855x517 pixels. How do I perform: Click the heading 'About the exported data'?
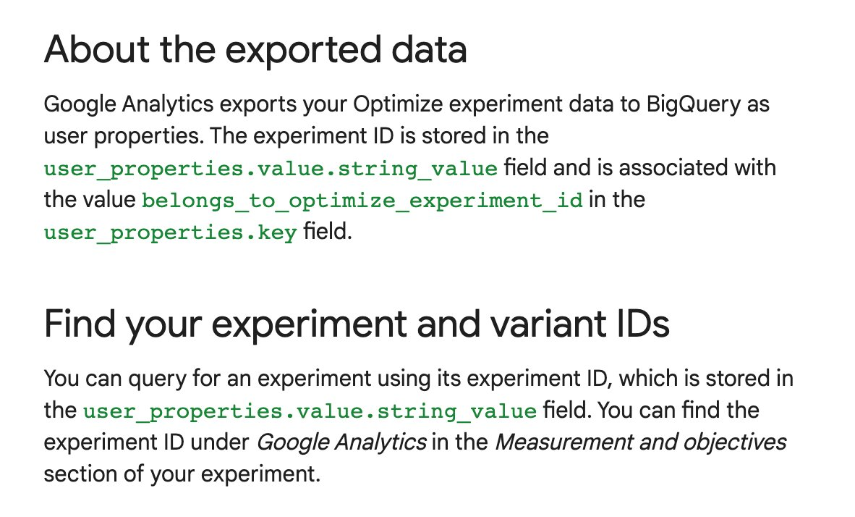pos(255,49)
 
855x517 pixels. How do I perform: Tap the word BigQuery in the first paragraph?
pos(693,105)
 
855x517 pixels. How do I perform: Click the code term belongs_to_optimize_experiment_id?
pos(362,201)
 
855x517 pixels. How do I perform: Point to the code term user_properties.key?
pos(171,232)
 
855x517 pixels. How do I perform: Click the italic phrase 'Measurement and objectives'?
pos(641,442)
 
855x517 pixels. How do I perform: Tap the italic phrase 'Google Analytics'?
pos(341,442)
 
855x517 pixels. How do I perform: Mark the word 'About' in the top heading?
pos(97,49)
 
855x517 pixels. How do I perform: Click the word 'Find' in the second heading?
pos(80,324)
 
